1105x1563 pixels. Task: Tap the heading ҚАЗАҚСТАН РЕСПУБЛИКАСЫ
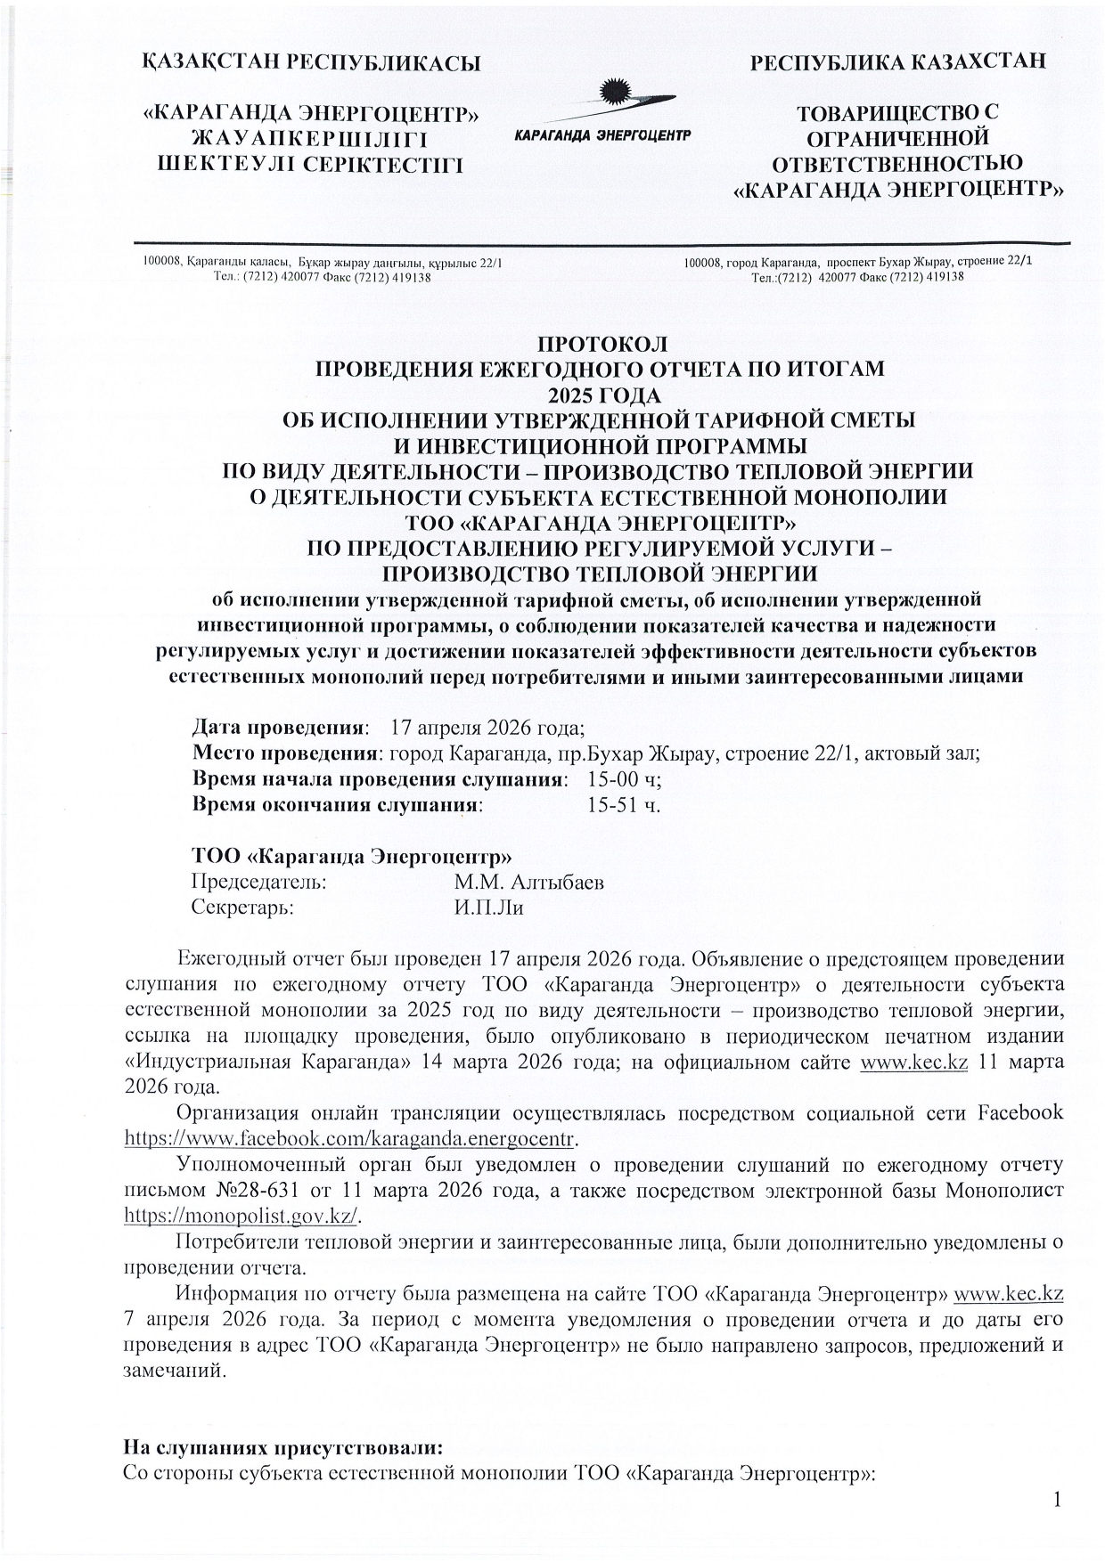tap(311, 63)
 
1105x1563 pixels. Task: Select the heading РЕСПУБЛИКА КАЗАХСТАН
tap(898, 62)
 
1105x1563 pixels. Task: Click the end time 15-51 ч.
tap(623, 806)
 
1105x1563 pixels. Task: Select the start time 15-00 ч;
tap(625, 779)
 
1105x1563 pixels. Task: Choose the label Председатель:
tap(259, 883)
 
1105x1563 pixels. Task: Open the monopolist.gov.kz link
tap(241, 1216)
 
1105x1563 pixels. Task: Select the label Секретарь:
tap(243, 908)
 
